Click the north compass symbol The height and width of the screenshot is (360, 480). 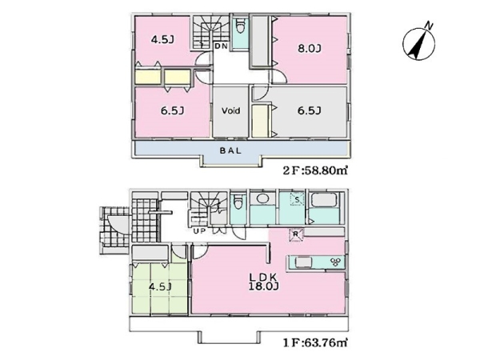point(418,43)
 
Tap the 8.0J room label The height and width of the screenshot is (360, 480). point(310,49)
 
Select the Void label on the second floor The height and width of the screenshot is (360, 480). point(230,110)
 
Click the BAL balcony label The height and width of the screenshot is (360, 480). point(230,150)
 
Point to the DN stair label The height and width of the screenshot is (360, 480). point(221,46)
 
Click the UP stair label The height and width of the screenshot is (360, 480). point(199,231)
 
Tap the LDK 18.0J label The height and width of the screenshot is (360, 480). point(263,282)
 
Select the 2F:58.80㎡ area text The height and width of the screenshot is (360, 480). point(315,170)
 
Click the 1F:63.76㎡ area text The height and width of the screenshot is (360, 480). point(315,342)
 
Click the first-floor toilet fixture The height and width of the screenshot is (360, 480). point(238,202)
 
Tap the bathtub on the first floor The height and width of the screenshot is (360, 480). point(324,200)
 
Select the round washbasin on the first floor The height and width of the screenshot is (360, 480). point(262,198)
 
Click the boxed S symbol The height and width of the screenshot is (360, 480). point(297,200)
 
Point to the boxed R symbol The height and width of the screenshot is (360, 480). point(296,234)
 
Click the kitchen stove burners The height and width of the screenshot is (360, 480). point(335,262)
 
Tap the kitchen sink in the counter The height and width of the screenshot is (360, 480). point(303,262)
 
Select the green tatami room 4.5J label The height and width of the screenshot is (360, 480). point(159,287)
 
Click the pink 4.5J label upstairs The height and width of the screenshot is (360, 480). point(163,39)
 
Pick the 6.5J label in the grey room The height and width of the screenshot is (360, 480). point(309,110)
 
